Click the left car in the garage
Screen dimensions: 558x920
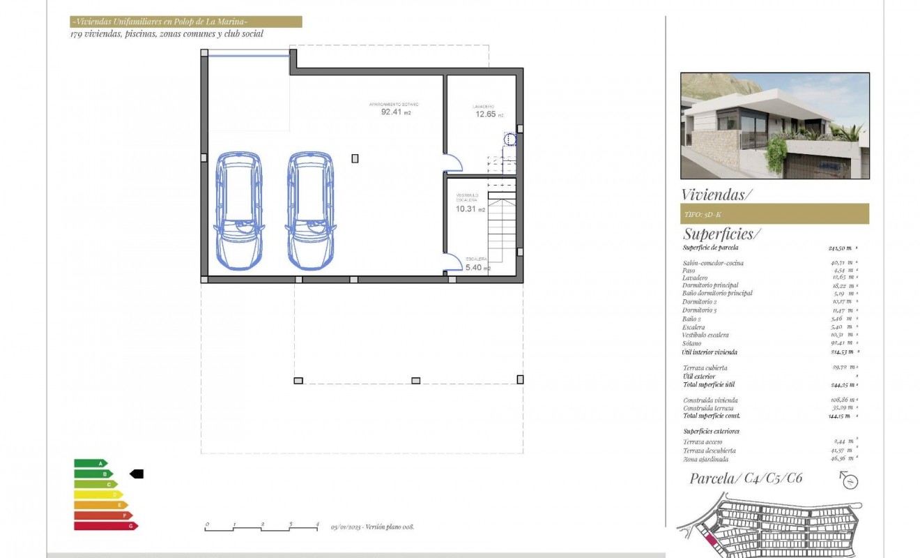click(238, 211)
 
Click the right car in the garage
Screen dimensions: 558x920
click(311, 211)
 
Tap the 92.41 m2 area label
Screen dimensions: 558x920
click(395, 111)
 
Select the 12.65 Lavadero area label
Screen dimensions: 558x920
click(489, 114)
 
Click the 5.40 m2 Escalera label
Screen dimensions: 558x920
click(477, 267)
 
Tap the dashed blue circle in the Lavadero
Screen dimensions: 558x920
click(510, 139)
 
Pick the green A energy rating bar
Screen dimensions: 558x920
click(91, 463)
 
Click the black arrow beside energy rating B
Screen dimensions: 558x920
click(137, 474)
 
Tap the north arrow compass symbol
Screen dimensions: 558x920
click(849, 480)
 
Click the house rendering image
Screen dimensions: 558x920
click(774, 126)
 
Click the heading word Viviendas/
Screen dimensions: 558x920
click(716, 195)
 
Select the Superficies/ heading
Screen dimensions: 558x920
click(722, 234)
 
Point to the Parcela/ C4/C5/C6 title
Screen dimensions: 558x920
click(746, 478)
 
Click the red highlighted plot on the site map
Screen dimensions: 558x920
click(711, 538)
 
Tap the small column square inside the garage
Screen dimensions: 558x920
click(355, 158)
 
